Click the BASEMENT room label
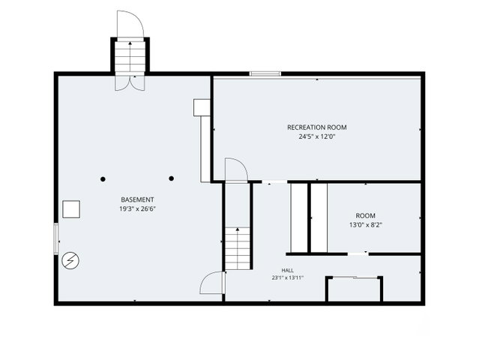[x=137, y=199]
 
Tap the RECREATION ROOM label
[x=317, y=127]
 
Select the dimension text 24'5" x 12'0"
[x=317, y=136]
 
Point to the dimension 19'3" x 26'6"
[x=137, y=209]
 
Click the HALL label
[x=287, y=270]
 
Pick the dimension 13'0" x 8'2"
[x=366, y=225]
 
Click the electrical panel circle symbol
[x=70, y=260]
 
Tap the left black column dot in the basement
[x=103, y=179]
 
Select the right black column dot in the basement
[x=172, y=178]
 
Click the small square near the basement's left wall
[x=71, y=209]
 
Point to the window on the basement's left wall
[x=56, y=238]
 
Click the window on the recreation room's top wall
[x=265, y=73]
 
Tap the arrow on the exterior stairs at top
[x=130, y=58]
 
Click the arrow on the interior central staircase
[x=238, y=247]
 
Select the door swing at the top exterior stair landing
[x=130, y=25]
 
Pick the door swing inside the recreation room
[x=236, y=170]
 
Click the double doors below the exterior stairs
[x=130, y=82]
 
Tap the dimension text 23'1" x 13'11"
[x=287, y=277]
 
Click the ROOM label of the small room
[x=365, y=216]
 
